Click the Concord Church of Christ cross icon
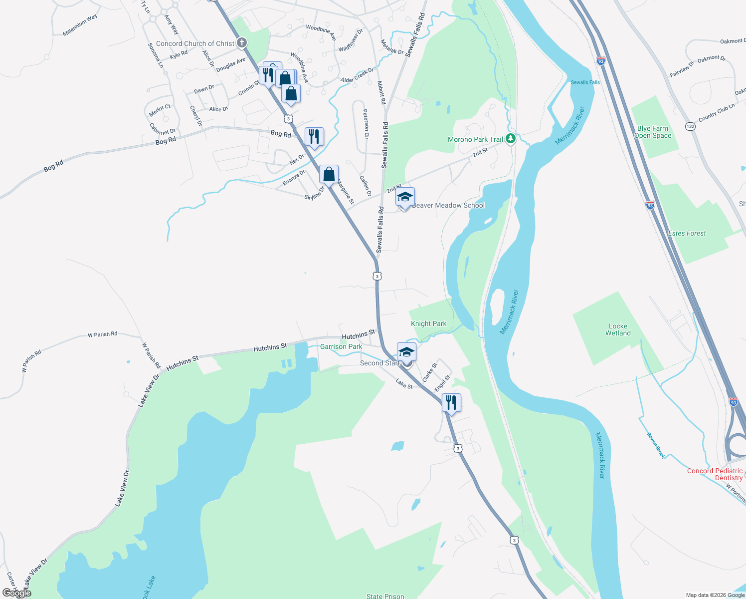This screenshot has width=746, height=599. [241, 43]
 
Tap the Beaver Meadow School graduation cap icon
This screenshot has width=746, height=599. [405, 198]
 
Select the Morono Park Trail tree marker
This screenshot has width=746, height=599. [510, 139]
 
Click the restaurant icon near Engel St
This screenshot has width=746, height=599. [451, 402]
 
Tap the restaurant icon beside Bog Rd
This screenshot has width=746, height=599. [314, 136]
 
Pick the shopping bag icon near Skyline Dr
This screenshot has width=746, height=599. [329, 174]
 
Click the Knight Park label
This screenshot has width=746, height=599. [428, 323]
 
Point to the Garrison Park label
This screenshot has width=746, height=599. [341, 346]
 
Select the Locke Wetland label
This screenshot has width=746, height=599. [618, 329]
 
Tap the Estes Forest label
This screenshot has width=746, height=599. [687, 233]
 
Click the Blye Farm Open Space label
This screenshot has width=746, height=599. [653, 132]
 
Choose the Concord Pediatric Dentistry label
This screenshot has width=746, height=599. [715, 474]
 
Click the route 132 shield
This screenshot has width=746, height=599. [690, 126]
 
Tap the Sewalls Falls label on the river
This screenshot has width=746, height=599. [585, 82]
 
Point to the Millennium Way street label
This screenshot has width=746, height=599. [80, 25]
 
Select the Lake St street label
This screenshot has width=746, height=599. [404, 384]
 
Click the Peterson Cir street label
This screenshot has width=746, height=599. [366, 124]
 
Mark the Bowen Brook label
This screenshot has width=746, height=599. [656, 445]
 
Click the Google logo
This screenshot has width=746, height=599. [17, 593]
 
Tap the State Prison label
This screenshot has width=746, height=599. [385, 596]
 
